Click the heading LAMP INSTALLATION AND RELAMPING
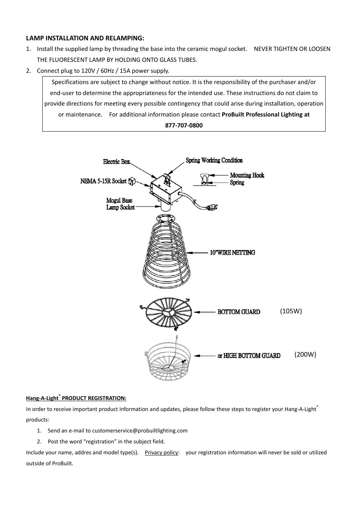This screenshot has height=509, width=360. [x=85, y=38]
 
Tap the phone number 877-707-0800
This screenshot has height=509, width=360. [x=184, y=126]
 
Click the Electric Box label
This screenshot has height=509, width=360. [x=116, y=162]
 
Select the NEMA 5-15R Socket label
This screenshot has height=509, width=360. [x=103, y=181]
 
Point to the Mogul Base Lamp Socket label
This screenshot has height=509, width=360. [x=120, y=204]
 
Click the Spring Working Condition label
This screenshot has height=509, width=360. [x=214, y=160]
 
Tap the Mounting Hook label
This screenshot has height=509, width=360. [x=247, y=175]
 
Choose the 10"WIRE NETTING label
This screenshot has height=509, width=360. [x=232, y=253]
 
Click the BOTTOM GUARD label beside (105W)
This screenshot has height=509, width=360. [x=238, y=312]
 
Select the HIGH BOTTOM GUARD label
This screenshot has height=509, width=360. [x=252, y=356]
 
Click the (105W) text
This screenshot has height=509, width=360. [x=291, y=311]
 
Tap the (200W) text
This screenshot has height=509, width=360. [x=305, y=354]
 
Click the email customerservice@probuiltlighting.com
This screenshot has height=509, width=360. [x=140, y=431]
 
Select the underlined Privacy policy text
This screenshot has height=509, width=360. [x=161, y=452]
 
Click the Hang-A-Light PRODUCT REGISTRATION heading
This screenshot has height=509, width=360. [x=76, y=398]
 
